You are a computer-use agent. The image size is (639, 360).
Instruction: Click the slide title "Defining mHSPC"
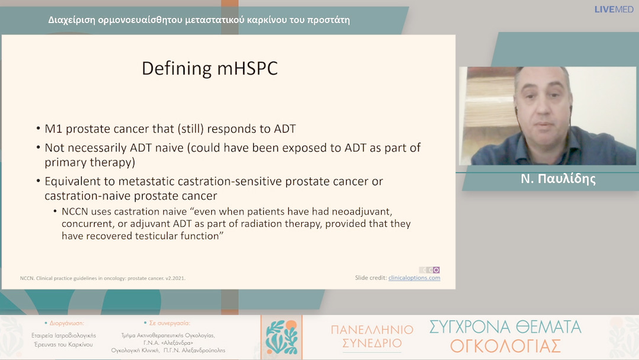tap(209, 69)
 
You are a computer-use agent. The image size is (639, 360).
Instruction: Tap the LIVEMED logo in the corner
tap(614, 9)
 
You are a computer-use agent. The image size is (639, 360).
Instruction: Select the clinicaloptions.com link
tap(414, 278)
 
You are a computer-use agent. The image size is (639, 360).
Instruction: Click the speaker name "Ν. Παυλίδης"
tap(558, 179)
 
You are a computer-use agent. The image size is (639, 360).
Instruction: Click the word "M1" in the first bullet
tap(53, 129)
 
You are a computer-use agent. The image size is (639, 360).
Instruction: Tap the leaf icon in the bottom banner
tap(281, 337)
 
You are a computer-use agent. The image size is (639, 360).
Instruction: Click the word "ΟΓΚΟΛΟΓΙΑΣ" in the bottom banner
tap(505, 346)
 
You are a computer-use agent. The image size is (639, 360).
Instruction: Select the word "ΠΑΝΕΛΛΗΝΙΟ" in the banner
tap(372, 329)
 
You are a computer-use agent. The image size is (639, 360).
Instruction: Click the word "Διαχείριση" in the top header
tap(72, 20)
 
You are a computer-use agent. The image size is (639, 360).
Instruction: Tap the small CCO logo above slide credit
tap(430, 270)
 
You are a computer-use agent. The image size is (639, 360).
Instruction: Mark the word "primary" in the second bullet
tap(65, 163)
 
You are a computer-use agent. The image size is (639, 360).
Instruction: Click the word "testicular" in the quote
tap(156, 236)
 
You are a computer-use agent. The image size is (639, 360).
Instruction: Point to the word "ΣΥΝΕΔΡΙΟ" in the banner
tap(372, 343)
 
